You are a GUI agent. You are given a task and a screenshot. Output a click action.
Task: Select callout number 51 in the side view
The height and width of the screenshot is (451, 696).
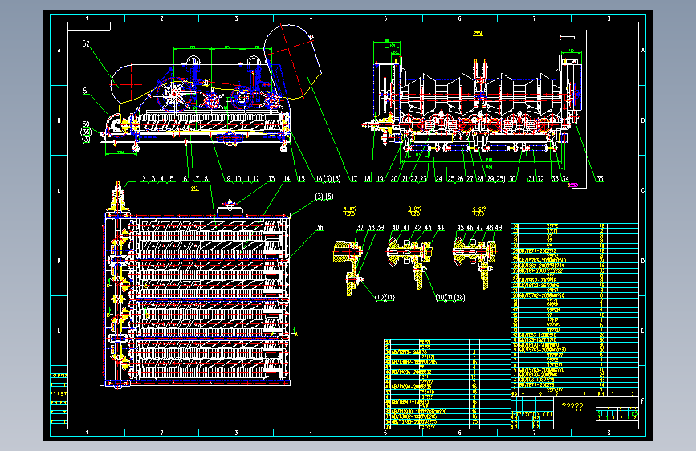(86, 91)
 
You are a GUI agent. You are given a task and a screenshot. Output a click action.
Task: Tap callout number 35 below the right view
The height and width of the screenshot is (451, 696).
(599, 178)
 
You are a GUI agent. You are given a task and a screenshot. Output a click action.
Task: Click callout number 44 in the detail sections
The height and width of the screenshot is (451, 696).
(440, 228)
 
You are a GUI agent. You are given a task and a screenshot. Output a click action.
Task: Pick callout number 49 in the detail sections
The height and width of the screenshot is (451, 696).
(499, 228)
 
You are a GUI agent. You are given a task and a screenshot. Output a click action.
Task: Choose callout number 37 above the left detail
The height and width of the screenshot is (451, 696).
(360, 228)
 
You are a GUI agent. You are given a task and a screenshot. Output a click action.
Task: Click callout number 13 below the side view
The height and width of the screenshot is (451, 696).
(271, 178)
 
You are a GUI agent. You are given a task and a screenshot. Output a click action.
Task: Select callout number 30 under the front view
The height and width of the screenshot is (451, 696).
(512, 178)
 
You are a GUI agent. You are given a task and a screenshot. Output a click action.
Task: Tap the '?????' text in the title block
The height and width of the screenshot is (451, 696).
(573, 407)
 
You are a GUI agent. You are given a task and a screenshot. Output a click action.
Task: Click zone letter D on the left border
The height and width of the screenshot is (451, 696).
(57, 262)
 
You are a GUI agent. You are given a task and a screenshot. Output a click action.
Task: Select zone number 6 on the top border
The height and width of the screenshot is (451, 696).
(459, 18)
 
